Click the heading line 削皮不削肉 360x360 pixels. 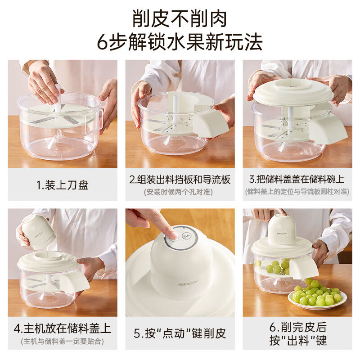[180, 18]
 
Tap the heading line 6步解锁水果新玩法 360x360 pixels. [180, 42]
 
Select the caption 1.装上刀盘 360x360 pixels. [63, 185]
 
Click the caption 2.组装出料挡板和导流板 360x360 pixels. [180, 180]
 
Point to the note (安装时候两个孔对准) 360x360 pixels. [178, 192]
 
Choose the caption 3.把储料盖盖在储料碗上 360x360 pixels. [297, 179]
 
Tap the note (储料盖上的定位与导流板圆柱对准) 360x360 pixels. [297, 192]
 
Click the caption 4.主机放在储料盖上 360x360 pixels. [63, 328]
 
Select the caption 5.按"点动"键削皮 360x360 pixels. [180, 333]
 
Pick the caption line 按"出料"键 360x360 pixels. [298, 341]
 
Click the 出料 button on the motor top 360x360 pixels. [185, 236]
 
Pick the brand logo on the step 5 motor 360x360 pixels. [189, 283]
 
